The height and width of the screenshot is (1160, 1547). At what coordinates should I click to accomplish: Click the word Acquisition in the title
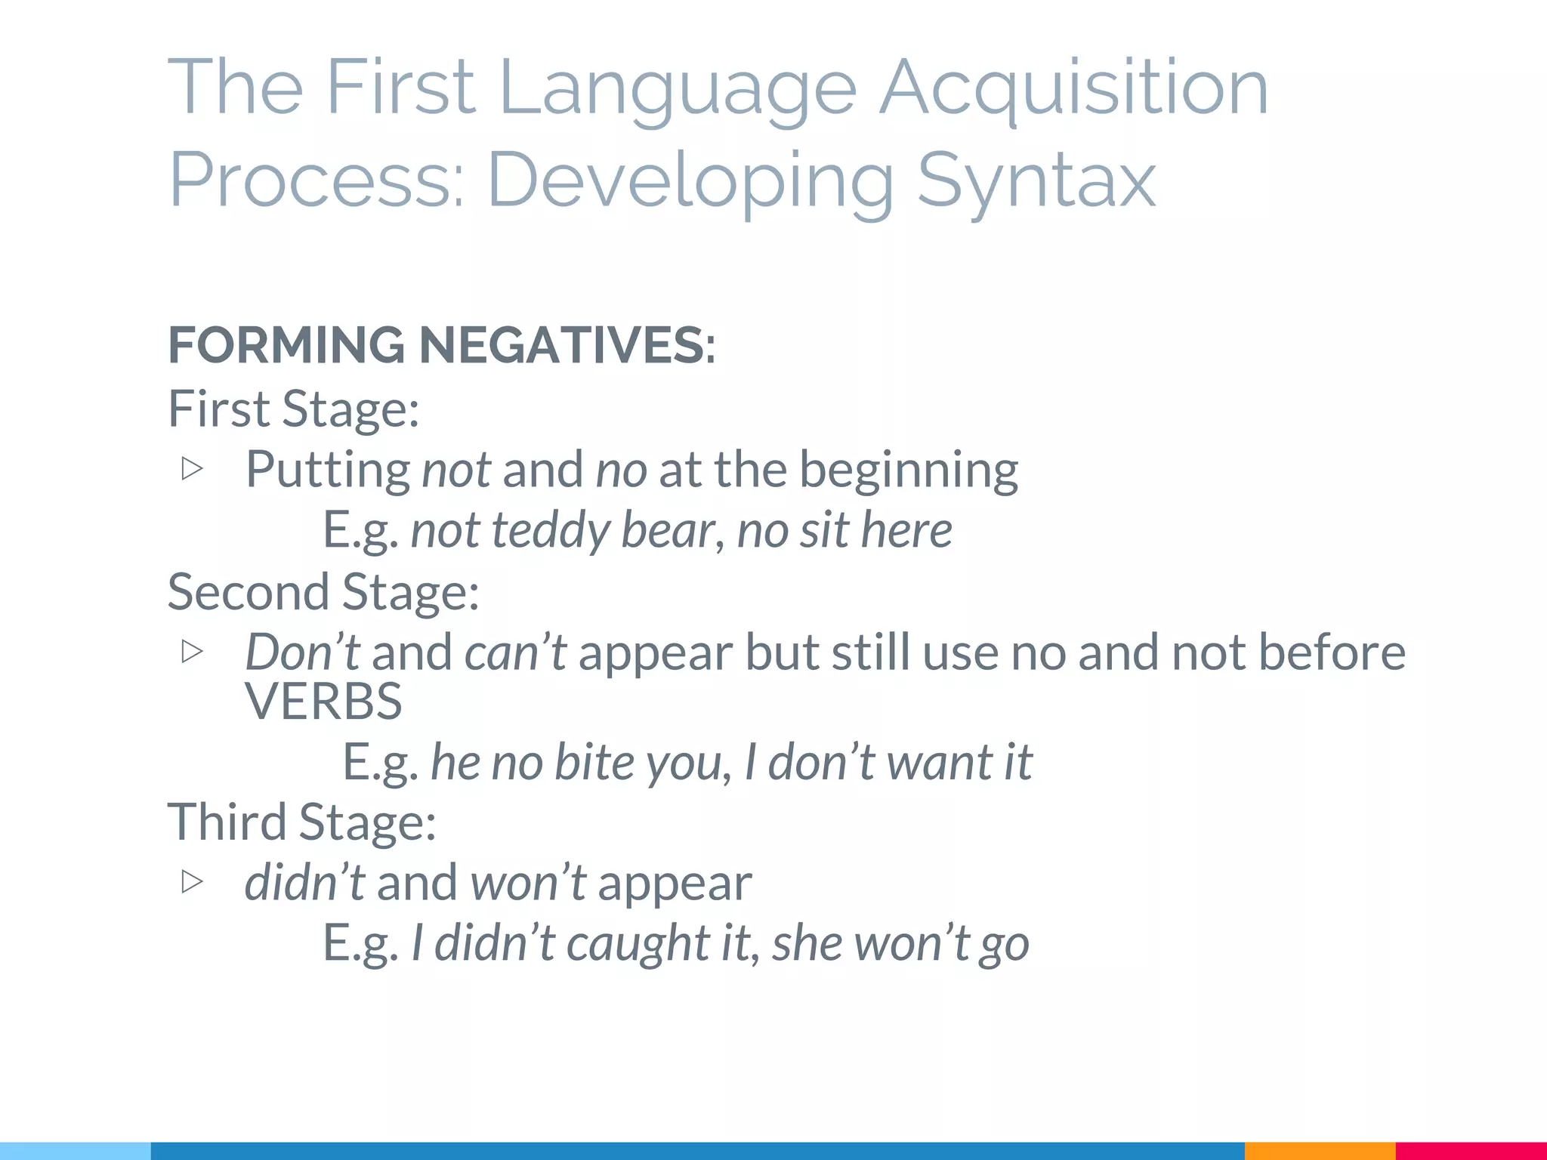pos(1074,89)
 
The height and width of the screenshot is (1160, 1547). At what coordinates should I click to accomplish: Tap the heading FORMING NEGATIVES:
pos(441,345)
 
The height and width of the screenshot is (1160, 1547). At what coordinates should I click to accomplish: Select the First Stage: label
pos(293,409)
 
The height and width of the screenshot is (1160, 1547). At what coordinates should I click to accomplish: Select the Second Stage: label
pos(323,591)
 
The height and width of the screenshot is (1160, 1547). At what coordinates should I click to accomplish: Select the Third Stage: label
pos(301,822)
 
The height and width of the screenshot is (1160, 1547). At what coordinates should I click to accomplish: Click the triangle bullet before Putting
pos(193,469)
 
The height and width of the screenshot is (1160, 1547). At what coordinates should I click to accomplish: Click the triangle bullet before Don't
pos(193,651)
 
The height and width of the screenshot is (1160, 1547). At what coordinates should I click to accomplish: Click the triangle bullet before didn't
pos(193,881)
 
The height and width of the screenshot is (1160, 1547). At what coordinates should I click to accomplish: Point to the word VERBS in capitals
pos(323,702)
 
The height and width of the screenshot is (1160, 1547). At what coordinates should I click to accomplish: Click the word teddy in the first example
pos(550,530)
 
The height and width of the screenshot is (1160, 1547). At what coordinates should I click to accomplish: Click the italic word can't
pos(515,652)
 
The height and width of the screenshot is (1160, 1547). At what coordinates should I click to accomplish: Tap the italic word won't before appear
pos(527,882)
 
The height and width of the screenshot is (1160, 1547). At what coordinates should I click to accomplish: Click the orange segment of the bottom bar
pos(1319,1151)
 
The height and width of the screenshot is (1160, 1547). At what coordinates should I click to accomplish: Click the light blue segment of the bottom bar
pos(76,1151)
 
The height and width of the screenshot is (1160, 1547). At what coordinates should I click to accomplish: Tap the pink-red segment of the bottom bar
pos(1471,1151)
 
